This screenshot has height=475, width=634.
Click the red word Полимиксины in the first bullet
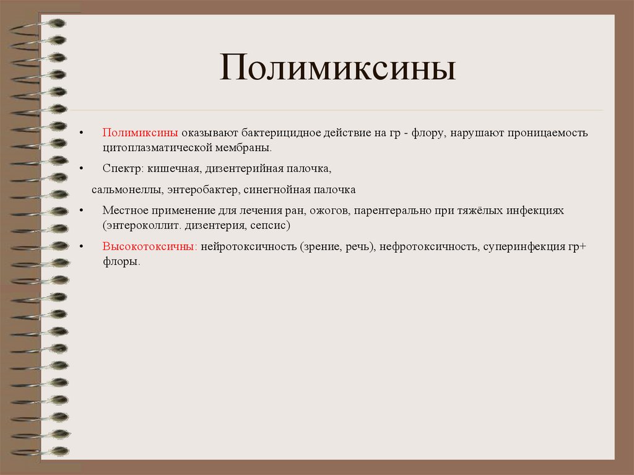(x=141, y=133)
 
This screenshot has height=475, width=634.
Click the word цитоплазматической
(x=157, y=149)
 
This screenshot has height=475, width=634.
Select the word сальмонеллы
(x=126, y=190)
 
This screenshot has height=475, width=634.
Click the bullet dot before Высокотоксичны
(x=81, y=247)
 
